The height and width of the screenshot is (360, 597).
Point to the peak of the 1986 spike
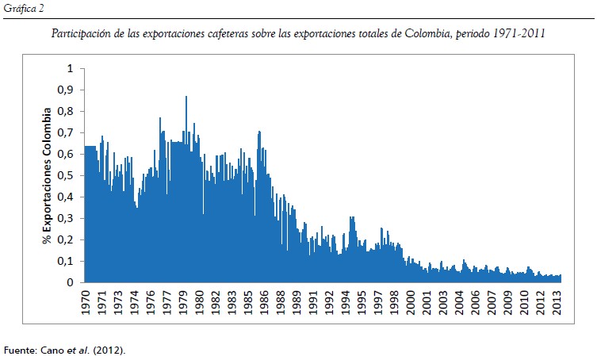tap(259, 132)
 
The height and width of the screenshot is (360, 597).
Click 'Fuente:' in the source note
tap(19, 350)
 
